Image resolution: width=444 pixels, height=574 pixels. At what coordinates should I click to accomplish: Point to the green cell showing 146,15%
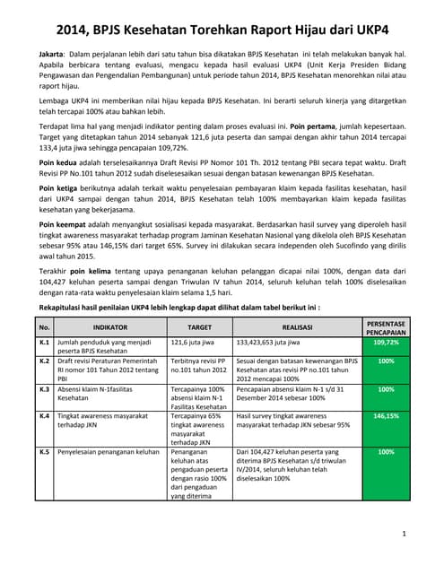click(386, 416)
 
